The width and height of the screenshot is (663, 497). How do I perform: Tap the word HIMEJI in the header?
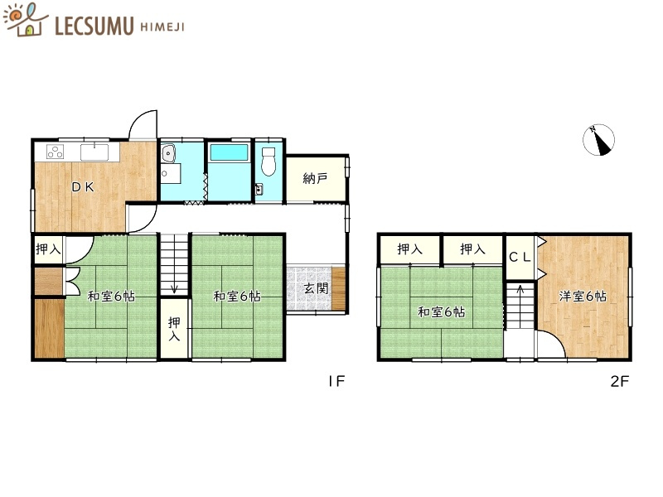tap(161, 27)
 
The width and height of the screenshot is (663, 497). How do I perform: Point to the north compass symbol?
tap(599, 140)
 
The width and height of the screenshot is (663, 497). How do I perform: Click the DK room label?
tap(81, 186)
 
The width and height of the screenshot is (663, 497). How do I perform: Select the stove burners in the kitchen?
tap(56, 152)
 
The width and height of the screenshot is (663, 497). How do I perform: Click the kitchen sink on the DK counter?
tap(94, 152)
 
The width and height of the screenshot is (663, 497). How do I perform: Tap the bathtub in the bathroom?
tap(229, 153)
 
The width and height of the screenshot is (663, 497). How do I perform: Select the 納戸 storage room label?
tap(315, 178)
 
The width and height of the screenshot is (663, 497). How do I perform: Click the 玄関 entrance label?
tap(314, 289)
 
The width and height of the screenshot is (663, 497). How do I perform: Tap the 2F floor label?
tap(620, 382)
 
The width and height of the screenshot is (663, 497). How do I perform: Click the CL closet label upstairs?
tap(520, 257)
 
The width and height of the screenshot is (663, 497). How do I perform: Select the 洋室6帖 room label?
tap(581, 296)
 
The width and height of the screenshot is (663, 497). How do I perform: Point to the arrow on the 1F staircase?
tap(173, 286)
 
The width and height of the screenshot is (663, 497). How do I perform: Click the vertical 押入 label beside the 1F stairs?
tap(174, 329)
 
